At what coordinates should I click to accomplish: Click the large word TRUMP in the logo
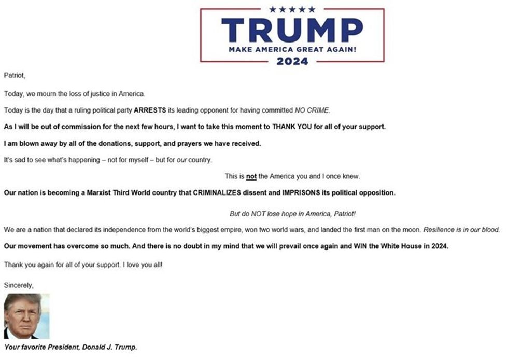tap(292, 30)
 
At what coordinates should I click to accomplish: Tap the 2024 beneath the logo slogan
tap(292, 62)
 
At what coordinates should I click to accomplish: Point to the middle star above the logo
tap(292, 9)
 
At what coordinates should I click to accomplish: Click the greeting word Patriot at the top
tap(14, 75)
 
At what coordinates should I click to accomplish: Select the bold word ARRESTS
tap(150, 110)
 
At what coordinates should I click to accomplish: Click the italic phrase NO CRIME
tap(312, 110)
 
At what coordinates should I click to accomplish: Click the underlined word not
tap(251, 176)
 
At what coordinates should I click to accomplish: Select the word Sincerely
tap(19, 285)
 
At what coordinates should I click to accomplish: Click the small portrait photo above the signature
tap(26, 316)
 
